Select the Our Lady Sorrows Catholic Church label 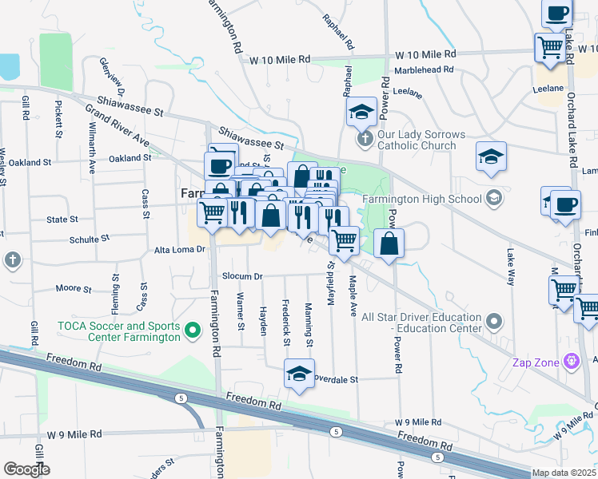click(416, 140)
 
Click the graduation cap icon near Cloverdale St click(299, 373)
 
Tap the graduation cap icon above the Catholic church click(361, 111)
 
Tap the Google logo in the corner click(26, 469)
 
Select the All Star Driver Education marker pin click(494, 323)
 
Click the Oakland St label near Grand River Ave click(130, 158)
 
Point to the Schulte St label click(90, 239)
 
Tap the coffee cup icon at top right click(557, 12)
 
